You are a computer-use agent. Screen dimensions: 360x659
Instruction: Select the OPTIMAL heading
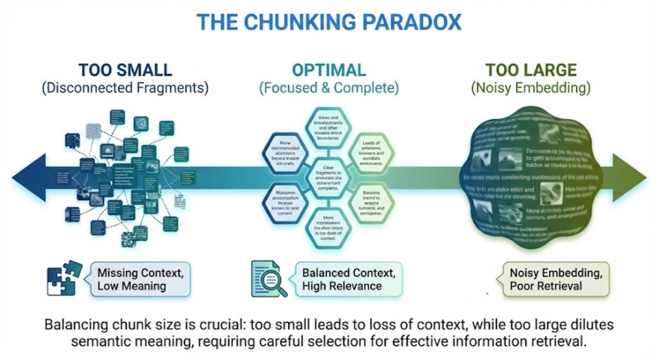click(329, 70)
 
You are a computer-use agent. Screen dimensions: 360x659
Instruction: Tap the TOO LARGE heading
click(531, 70)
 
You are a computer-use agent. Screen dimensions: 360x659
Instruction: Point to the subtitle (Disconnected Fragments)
click(125, 89)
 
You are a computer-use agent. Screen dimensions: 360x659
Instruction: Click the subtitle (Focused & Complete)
click(329, 89)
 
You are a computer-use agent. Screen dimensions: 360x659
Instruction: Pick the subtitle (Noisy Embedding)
click(531, 89)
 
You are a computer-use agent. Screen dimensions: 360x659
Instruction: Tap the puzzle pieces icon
click(64, 277)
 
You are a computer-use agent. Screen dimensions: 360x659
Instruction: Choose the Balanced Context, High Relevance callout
click(342, 278)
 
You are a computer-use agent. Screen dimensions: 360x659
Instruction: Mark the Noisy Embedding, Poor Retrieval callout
click(546, 278)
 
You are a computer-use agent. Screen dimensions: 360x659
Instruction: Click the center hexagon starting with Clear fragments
click(329, 174)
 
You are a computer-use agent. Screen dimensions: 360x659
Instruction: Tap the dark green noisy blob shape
click(532, 176)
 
